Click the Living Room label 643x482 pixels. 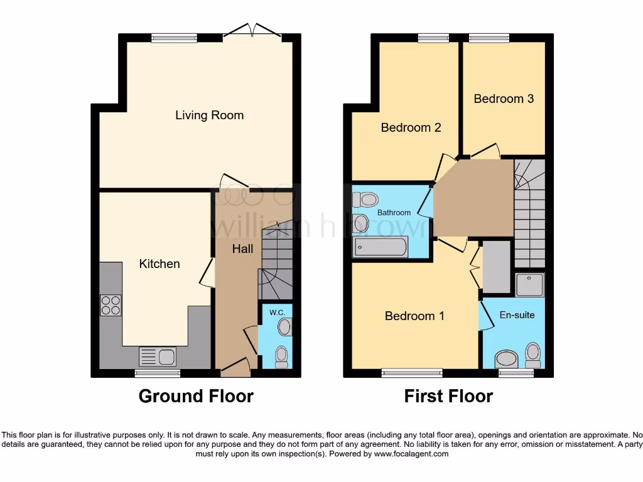point(209,115)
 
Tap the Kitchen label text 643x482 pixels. point(159,264)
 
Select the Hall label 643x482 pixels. point(242,249)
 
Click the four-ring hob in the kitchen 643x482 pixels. point(111,305)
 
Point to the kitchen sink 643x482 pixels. point(158,356)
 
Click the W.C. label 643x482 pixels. point(277,312)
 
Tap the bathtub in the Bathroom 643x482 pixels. point(381,247)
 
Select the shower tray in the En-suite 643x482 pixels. point(529,284)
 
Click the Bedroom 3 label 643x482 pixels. point(504,99)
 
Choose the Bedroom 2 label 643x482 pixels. point(411,127)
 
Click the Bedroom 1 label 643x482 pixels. point(414,316)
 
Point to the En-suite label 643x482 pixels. point(517,314)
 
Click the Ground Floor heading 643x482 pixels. point(196,396)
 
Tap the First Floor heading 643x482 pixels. point(448,396)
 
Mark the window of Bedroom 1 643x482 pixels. point(412,373)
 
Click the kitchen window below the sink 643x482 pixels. point(158,373)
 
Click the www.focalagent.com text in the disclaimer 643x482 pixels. point(412,453)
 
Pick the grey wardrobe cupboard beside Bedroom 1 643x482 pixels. point(496,267)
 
